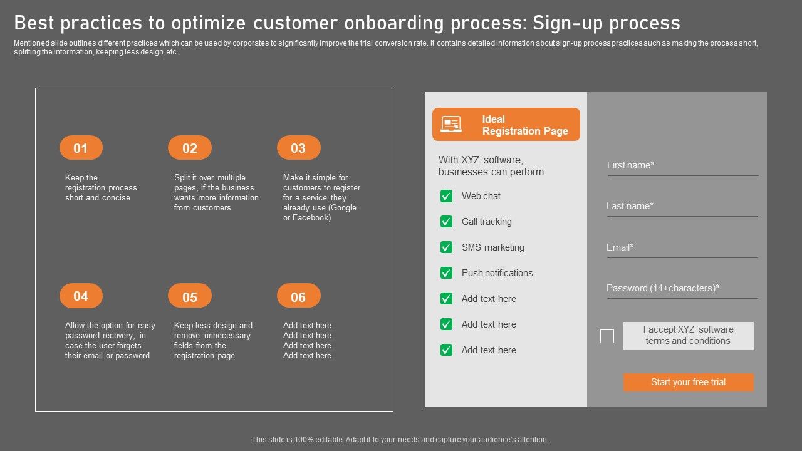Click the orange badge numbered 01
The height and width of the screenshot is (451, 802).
(x=81, y=147)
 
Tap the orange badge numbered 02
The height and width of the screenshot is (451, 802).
(x=190, y=147)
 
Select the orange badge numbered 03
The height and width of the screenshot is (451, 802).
(x=299, y=147)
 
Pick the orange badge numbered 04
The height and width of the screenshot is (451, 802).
(x=81, y=296)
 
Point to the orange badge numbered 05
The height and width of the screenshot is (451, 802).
(x=190, y=296)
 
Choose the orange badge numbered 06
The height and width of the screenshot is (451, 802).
(x=299, y=296)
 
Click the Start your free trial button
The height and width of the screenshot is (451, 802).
(x=688, y=382)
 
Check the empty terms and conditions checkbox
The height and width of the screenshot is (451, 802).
(x=607, y=336)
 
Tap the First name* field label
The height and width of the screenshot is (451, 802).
(x=630, y=165)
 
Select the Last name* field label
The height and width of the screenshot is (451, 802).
(x=630, y=206)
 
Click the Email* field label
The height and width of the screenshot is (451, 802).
(x=620, y=247)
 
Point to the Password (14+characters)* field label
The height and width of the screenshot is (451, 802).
(x=663, y=288)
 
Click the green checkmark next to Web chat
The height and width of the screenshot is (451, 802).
(x=446, y=196)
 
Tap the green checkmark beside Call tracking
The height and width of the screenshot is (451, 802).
(x=446, y=222)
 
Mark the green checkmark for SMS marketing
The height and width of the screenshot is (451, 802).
(x=446, y=247)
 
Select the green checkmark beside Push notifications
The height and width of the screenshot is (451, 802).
(x=446, y=273)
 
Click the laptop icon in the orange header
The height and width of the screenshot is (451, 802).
(x=450, y=124)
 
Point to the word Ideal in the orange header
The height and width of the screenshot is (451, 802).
(x=493, y=119)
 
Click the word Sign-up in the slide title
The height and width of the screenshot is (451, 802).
(x=568, y=23)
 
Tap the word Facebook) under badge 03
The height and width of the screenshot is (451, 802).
(x=311, y=217)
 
